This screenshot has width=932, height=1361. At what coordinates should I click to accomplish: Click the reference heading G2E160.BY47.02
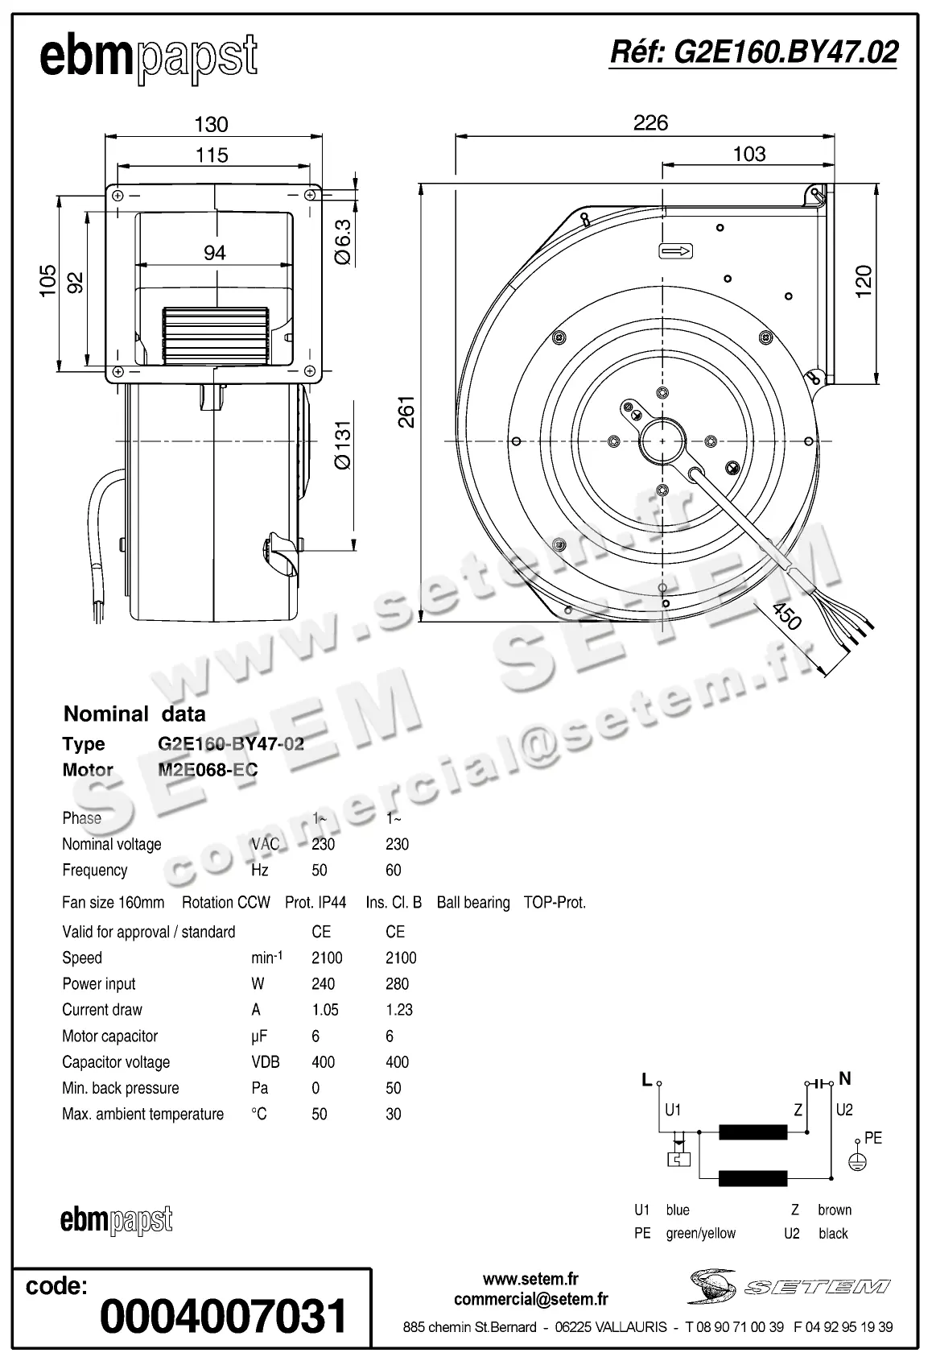coord(753,52)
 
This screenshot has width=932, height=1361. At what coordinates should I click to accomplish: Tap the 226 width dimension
coord(650,123)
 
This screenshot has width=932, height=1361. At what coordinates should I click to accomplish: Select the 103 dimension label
coord(748,154)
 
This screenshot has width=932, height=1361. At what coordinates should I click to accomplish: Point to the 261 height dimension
coord(407,411)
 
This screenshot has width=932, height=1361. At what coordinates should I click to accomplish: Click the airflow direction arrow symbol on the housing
coord(676,251)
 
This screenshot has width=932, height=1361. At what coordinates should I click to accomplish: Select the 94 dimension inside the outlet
coord(214,253)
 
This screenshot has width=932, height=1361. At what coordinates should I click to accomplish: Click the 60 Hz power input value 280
coord(397,983)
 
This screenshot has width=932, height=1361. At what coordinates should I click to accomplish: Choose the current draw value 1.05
coord(325,1009)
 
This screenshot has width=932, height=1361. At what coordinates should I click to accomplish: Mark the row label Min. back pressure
coord(121,1088)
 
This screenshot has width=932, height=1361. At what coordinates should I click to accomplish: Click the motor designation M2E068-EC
coord(208,769)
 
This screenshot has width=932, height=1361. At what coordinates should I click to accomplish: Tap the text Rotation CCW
coord(225,902)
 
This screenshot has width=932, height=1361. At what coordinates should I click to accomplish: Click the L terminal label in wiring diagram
coord(646,1080)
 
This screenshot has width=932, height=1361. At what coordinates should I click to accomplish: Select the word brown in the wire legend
coord(834,1210)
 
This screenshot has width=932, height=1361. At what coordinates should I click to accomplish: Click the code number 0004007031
coord(224,1316)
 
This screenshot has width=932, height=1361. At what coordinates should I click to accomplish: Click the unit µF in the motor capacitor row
coord(258,1036)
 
